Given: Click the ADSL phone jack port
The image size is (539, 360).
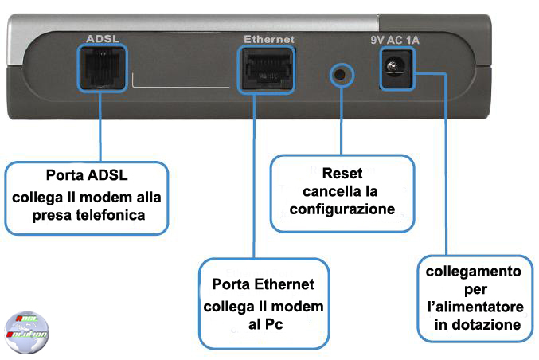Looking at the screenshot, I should [x=102, y=68].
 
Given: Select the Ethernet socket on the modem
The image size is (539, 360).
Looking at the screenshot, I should [x=267, y=70].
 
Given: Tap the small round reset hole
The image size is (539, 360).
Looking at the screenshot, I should [x=341, y=75].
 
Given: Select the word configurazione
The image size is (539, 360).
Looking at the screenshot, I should [x=342, y=209].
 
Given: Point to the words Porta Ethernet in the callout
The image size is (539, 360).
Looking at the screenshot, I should [x=263, y=284].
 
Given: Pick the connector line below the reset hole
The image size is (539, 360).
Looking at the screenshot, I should [x=341, y=119].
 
